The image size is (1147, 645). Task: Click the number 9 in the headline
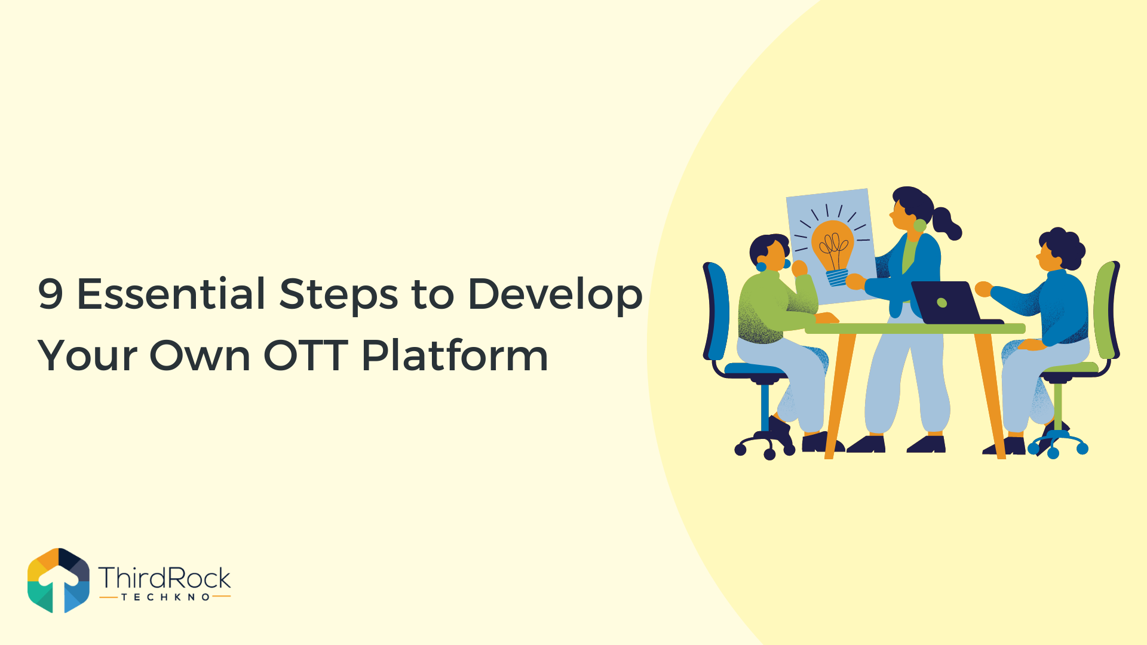(50, 294)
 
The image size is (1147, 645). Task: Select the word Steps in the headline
(339, 296)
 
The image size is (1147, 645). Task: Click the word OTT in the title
(306, 355)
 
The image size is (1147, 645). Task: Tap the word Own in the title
(200, 355)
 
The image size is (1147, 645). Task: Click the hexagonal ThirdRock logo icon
(59, 580)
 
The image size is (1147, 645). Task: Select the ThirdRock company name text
(165, 578)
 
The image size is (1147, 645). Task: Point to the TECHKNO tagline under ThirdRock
(165, 597)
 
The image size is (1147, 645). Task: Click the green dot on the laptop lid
(942, 303)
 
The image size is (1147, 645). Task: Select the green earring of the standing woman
(920, 225)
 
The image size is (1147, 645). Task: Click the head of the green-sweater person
(770, 253)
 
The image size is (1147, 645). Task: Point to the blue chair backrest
(716, 311)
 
